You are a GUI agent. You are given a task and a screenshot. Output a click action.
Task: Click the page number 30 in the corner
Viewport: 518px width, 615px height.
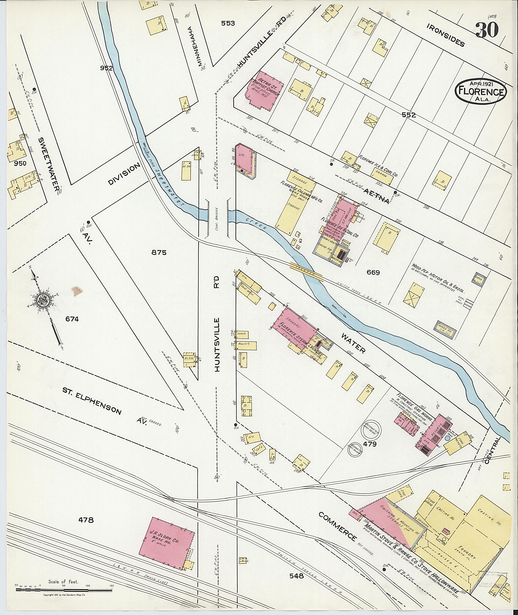click(487, 30)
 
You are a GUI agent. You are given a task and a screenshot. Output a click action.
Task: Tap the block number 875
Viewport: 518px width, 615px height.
click(159, 252)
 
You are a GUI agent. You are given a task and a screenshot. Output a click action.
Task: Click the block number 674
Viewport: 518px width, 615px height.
click(72, 319)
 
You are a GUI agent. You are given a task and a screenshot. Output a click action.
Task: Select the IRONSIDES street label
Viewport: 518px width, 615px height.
click(445, 35)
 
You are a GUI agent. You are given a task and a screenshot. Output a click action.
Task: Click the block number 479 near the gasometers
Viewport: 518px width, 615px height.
click(370, 444)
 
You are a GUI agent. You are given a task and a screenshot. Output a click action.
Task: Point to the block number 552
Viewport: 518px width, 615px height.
click(409, 115)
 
